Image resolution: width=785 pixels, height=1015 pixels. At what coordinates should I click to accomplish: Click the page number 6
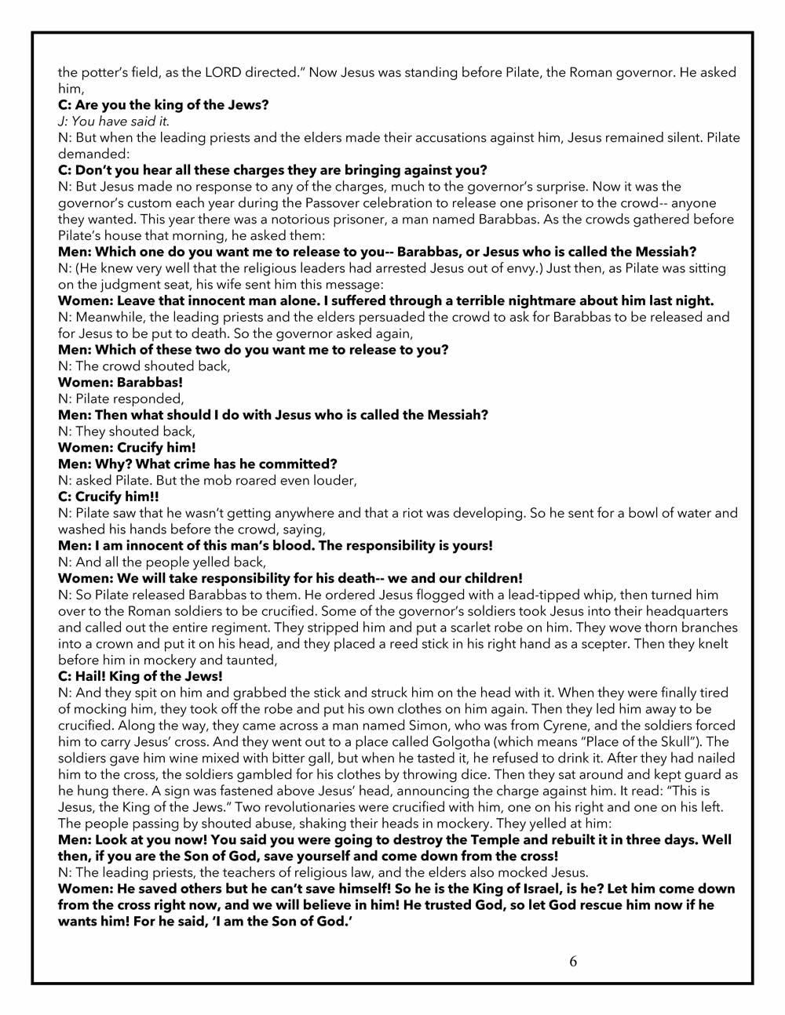click(x=573, y=962)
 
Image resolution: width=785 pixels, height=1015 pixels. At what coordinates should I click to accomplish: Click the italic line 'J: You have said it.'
click(x=113, y=122)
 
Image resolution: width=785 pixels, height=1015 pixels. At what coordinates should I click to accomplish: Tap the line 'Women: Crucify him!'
click(x=127, y=448)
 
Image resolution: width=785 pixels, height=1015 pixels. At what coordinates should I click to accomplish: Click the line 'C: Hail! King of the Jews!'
click(x=141, y=676)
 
